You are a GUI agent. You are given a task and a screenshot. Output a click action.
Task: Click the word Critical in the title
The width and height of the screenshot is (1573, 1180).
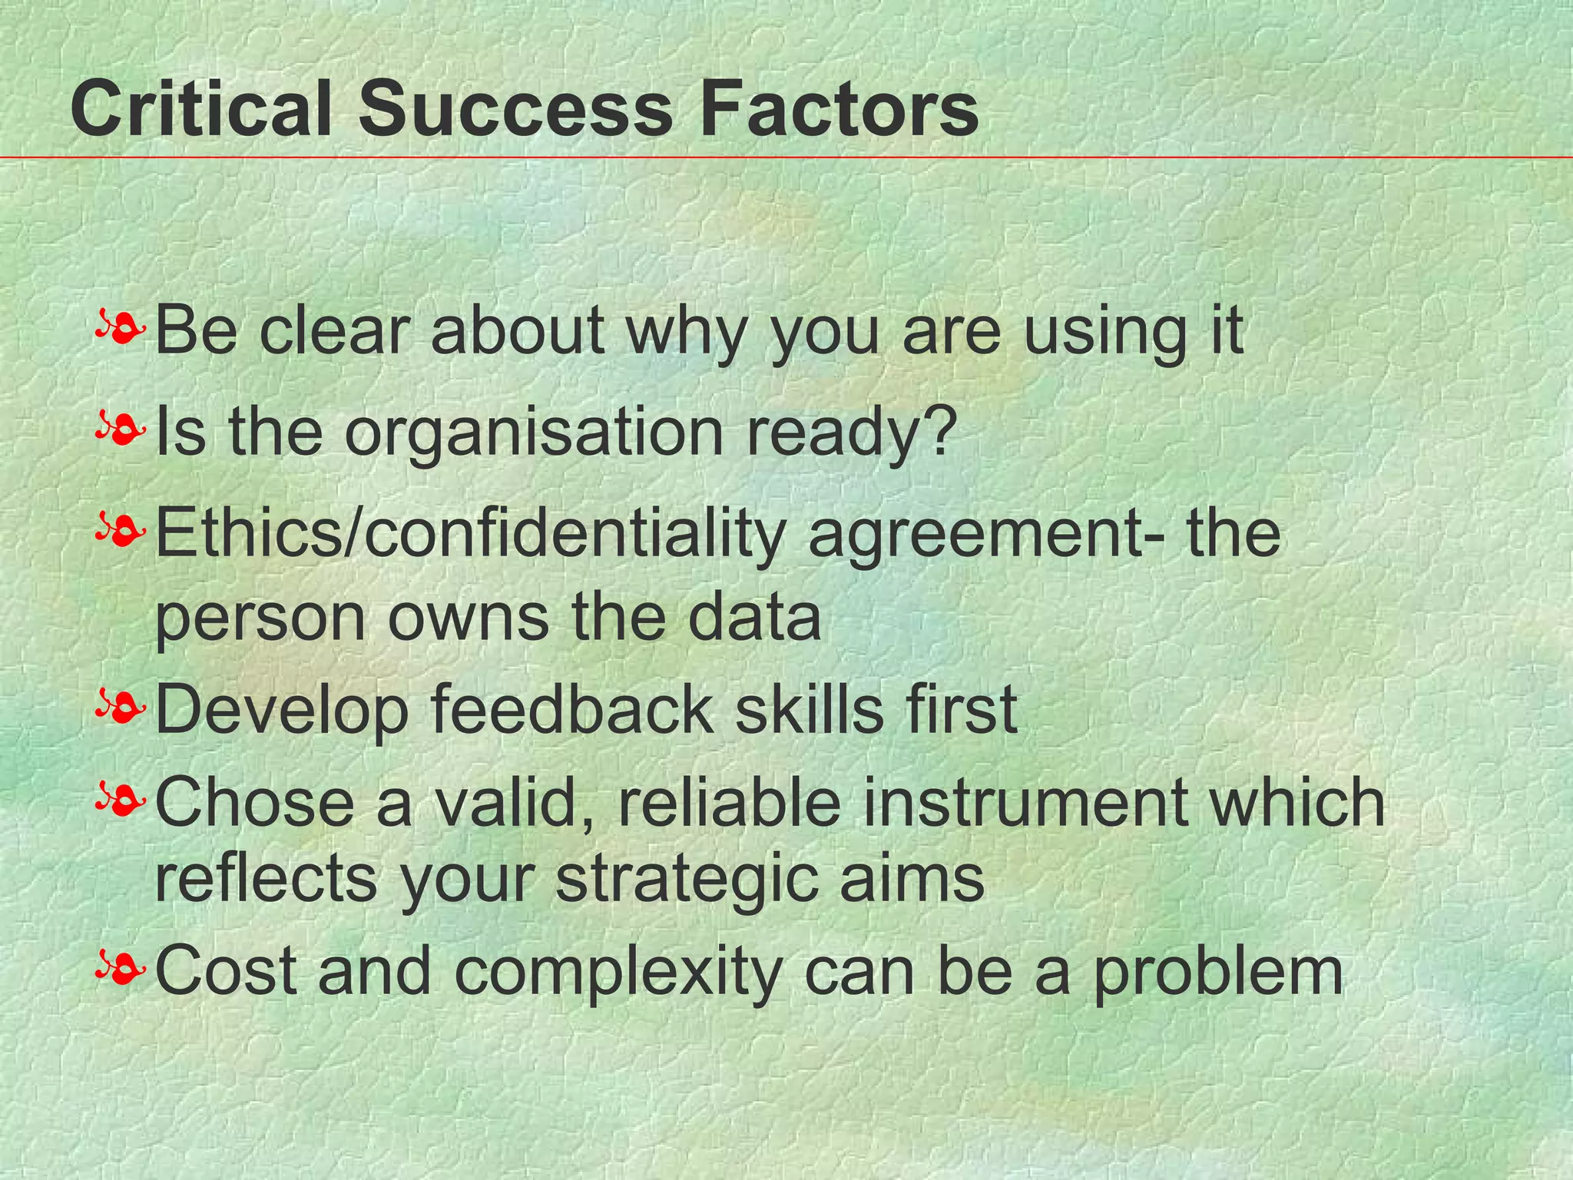click(x=201, y=110)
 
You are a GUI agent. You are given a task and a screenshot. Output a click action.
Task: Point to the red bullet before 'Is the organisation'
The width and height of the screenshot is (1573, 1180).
click(x=121, y=430)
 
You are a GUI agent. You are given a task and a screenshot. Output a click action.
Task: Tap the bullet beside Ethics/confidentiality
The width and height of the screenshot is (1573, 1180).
click(x=121, y=532)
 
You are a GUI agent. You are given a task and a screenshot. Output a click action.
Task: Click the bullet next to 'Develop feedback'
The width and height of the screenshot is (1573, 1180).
click(x=121, y=708)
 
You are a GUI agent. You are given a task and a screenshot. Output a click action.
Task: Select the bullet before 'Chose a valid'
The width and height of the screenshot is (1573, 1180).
click(x=121, y=801)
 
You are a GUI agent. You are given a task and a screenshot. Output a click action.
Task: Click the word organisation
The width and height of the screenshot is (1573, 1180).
click(x=533, y=434)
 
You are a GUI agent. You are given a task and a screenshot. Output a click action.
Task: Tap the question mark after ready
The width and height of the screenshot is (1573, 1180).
click(x=943, y=430)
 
